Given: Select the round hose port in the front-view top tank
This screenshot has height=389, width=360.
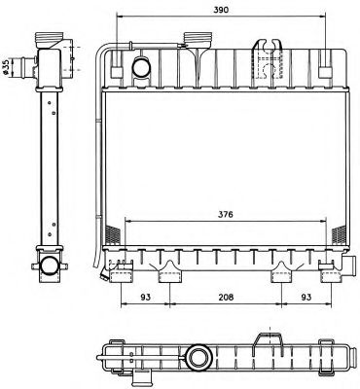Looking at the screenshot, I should (142, 67).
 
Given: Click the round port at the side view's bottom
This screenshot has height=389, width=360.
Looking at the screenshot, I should (48, 265).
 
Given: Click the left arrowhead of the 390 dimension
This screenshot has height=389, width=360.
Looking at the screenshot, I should (120, 17).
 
